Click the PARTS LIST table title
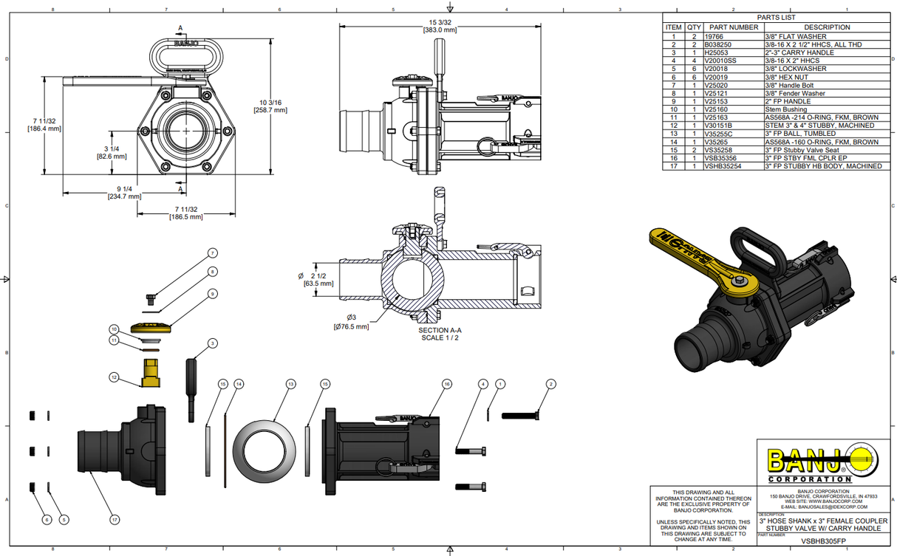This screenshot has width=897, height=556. coord(777,17)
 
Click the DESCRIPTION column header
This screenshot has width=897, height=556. coord(822,27)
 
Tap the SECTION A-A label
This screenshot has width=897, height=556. coord(440,330)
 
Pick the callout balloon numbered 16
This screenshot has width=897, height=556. coord(446,384)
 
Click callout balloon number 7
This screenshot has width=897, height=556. coord(212,253)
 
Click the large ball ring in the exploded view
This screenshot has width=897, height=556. coord(265,448)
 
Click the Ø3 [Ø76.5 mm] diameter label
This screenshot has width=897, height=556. coord(352,322)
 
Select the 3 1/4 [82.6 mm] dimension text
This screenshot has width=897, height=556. coord(112,152)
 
